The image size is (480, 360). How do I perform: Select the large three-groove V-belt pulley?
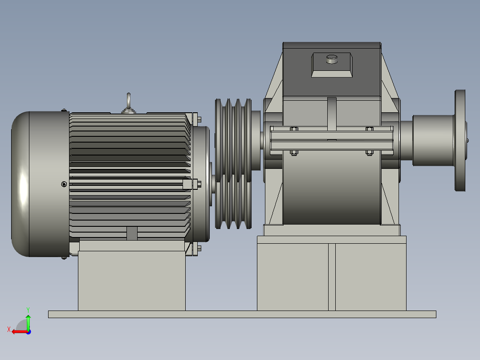pos(233,164)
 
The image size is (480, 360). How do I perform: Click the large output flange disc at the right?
pos(460,140)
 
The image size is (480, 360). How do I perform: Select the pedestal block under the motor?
pos(131,281)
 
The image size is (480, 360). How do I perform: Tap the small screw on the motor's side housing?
pos(64,184)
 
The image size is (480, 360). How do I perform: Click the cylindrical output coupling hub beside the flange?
pos(432,140)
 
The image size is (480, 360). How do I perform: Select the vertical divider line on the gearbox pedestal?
pos(332,276)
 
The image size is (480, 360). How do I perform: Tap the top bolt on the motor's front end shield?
pos(198,119)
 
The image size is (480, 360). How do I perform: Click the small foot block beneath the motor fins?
pos(132,233)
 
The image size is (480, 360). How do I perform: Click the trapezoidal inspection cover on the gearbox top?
pos(332,65)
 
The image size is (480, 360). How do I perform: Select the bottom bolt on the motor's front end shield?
pos(198,248)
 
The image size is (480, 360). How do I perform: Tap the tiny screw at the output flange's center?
pos(468,140)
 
